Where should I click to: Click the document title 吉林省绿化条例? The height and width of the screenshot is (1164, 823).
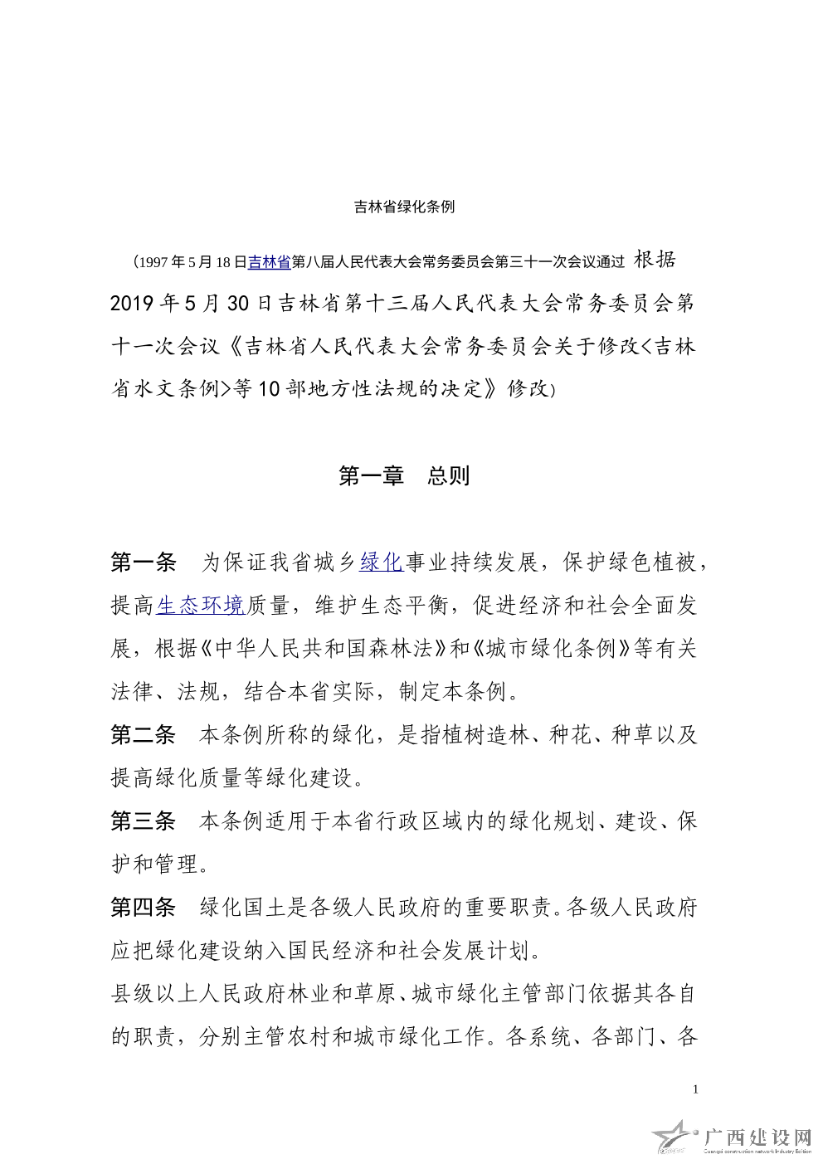coord(405,207)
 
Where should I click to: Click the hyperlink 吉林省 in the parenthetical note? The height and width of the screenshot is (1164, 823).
coord(269,262)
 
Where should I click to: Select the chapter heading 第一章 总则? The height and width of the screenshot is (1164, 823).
coord(405,476)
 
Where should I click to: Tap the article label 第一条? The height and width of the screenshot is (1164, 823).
coord(144,563)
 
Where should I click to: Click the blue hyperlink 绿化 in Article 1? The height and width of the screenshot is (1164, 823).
coord(381,563)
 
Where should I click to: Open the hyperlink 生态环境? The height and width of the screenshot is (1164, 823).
coord(200,606)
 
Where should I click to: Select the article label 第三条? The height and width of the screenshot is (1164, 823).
coord(144,822)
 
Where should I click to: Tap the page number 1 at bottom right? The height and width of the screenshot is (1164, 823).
coord(695,1089)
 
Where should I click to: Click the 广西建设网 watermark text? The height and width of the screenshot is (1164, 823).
coord(757,1136)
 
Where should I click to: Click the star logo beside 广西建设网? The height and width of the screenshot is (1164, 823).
coord(674,1137)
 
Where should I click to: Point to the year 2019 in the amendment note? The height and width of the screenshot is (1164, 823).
coord(132,304)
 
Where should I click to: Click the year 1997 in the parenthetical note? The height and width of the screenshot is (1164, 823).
coord(154,263)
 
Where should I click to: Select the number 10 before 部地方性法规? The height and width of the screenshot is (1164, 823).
coord(269,390)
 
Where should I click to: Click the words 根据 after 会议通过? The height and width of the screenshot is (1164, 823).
coord(655,261)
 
